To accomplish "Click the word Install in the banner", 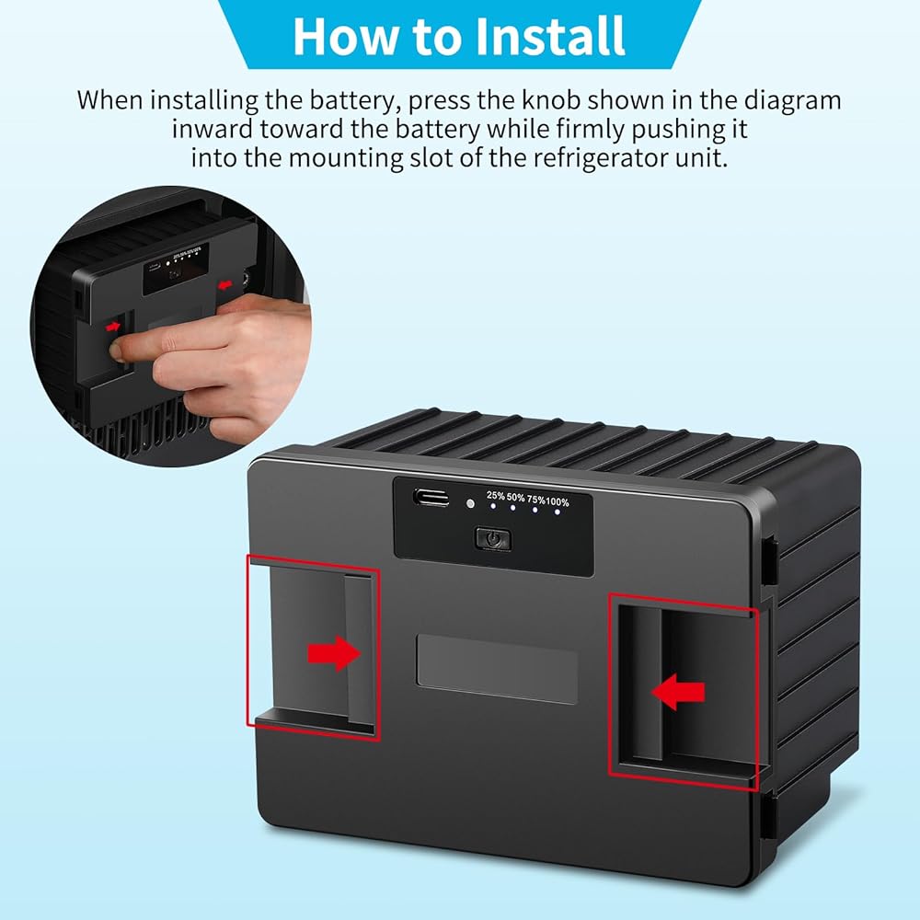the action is (x=549, y=37).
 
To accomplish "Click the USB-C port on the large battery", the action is (x=431, y=498).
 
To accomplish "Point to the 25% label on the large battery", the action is (x=495, y=496).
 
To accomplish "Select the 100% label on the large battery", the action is (x=557, y=501).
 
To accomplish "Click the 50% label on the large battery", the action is (x=516, y=498).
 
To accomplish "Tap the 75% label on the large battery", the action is (x=535, y=500).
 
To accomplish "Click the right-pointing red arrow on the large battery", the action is (x=334, y=653).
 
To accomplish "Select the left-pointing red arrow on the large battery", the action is (x=678, y=691).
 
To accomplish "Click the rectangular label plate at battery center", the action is (x=497, y=668).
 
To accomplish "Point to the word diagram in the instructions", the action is (x=792, y=101).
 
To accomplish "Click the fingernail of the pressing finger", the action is (x=117, y=351).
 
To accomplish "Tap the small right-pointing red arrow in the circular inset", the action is (x=113, y=327).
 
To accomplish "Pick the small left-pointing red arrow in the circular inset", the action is (x=224, y=285).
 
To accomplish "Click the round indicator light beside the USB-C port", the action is (x=470, y=503).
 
